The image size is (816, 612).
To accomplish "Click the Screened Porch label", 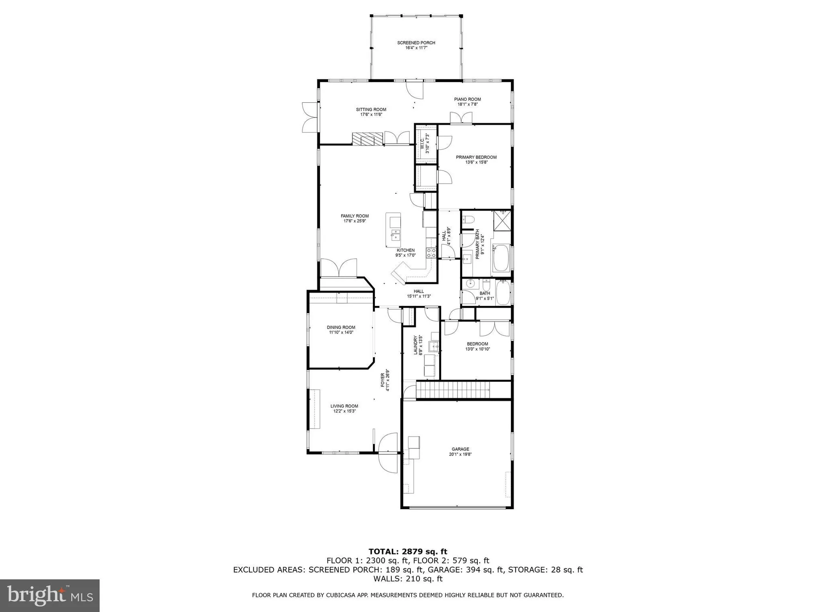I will pos(416,43).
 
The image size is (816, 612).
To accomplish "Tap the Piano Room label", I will pos(468,99).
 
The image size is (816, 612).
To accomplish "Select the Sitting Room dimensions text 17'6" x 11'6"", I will pos(371,115).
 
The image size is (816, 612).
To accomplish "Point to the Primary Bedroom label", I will pos(476,157).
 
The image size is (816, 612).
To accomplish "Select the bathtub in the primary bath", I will pos(501,258).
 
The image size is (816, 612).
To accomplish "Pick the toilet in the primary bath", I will pos(468,220).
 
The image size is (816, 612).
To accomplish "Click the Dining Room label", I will pos(341,327).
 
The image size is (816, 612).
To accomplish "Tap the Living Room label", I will pos(344,406).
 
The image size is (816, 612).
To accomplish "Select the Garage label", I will pos(460,449).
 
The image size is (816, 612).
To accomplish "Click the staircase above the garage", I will pos(453,390).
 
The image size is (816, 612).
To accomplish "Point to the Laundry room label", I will pos(416,345).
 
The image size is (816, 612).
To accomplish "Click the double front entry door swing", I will pos(387,453).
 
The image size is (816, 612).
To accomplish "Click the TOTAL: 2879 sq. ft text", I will pos(408,552).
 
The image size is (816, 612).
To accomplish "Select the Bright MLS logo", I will pos(49,595).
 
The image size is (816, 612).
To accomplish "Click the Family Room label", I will pos(355,216).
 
